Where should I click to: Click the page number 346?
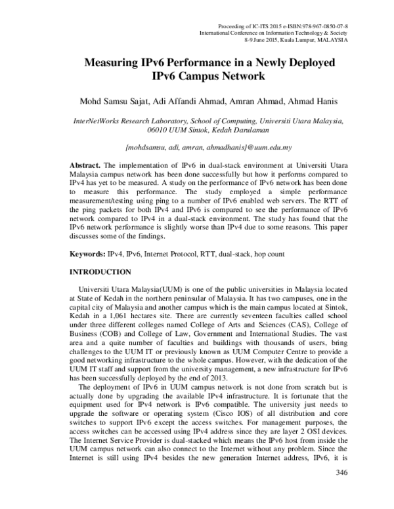tap(341, 472)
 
